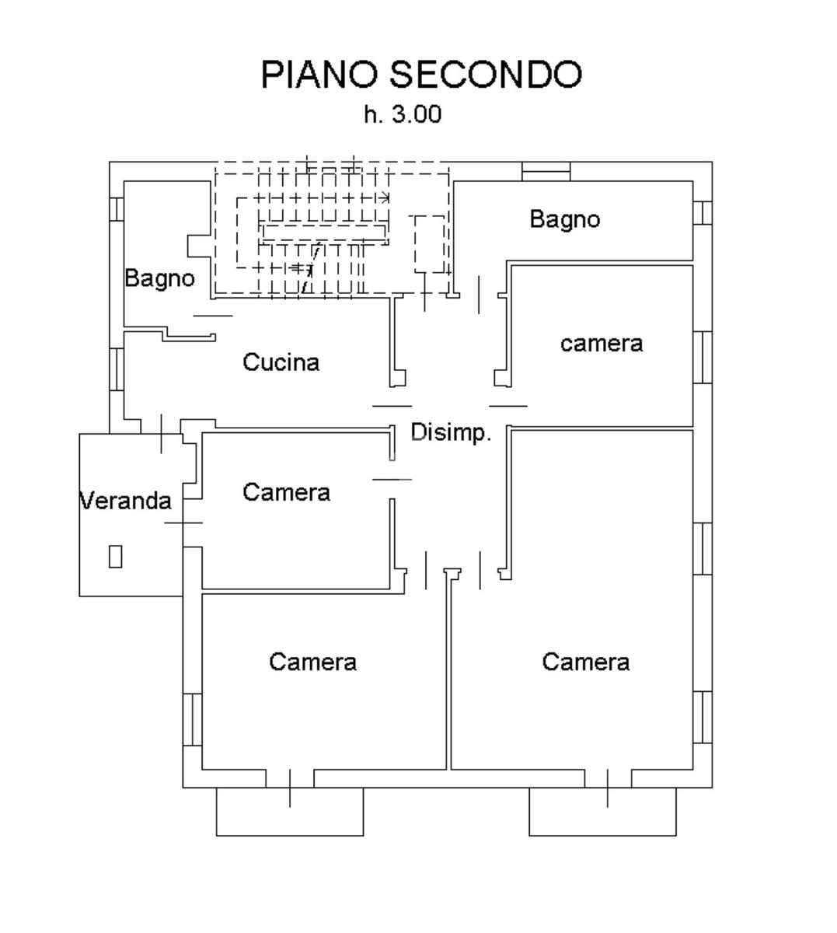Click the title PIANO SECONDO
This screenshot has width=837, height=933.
(x=420, y=75)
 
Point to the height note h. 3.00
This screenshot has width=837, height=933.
(x=403, y=114)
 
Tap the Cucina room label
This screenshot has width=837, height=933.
(x=281, y=362)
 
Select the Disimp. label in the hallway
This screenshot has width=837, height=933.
(x=451, y=433)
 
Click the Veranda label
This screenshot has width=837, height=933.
(x=125, y=501)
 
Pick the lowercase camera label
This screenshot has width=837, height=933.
(x=602, y=344)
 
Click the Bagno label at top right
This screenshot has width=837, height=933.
(x=564, y=219)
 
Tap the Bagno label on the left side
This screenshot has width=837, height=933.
(x=159, y=278)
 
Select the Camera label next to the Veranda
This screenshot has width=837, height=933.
(x=286, y=492)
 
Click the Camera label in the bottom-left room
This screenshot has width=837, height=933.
(x=312, y=662)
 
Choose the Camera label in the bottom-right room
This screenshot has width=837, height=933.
(x=585, y=662)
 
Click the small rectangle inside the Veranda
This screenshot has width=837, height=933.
(x=116, y=556)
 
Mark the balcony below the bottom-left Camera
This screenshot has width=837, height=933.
(x=289, y=812)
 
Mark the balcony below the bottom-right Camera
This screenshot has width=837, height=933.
(x=602, y=812)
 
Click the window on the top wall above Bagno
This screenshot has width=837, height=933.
(x=546, y=170)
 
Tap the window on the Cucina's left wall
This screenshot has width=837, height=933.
(x=116, y=369)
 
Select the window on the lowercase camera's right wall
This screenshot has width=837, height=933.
(x=702, y=357)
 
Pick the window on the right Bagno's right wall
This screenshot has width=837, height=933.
(x=702, y=212)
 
